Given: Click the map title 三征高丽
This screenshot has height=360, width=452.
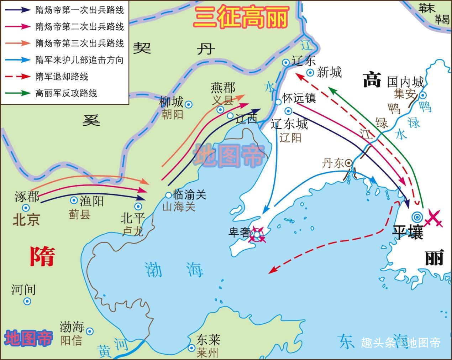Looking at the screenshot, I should [x=241, y=17].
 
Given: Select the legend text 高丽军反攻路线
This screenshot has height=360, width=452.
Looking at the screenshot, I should [x=66, y=93].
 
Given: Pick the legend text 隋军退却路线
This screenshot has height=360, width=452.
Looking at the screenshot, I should [x=62, y=77].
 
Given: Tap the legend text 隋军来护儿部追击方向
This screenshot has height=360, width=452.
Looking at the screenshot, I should [x=79, y=60].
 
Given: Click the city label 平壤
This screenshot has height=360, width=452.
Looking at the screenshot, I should [x=407, y=232].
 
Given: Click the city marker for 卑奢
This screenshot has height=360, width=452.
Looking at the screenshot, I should [x=257, y=234].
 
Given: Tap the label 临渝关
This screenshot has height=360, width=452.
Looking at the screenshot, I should [x=189, y=194].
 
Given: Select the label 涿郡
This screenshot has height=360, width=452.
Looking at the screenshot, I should [x=27, y=197].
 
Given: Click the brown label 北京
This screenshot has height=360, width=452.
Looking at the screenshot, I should [x=26, y=219].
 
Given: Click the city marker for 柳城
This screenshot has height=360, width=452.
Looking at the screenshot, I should [x=189, y=105].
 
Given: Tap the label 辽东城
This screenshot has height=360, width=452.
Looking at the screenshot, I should [x=289, y=124].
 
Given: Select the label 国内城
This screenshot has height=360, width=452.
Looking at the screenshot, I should [x=405, y=82].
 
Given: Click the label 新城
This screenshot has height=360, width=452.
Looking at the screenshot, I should [x=329, y=72].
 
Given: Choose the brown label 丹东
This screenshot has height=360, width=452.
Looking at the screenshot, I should [x=333, y=163].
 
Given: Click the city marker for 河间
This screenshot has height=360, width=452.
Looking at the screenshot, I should [x=27, y=302].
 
